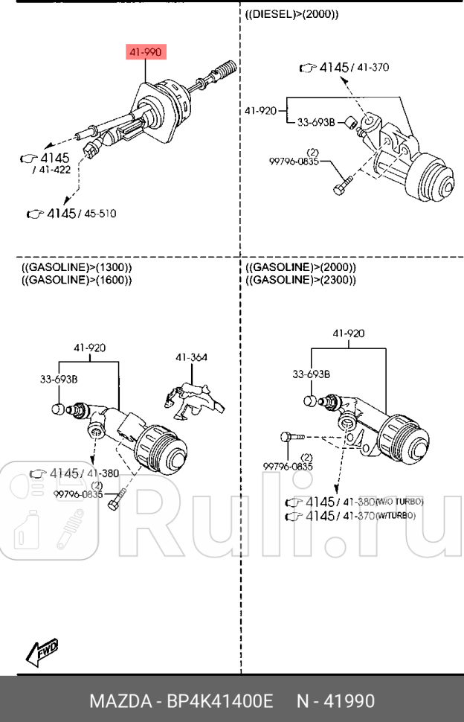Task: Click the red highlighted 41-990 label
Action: [x=145, y=52]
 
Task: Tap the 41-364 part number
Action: [x=191, y=357]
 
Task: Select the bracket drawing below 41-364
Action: [x=193, y=395]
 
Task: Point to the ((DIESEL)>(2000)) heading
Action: [x=291, y=14]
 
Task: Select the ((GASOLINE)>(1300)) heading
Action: [x=77, y=267]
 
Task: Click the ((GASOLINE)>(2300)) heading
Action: [x=300, y=280]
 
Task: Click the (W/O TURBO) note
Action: [x=400, y=502]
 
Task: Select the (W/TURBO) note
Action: [x=396, y=515]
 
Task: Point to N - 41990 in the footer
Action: [x=336, y=701]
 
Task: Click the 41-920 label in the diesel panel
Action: [x=260, y=111]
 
